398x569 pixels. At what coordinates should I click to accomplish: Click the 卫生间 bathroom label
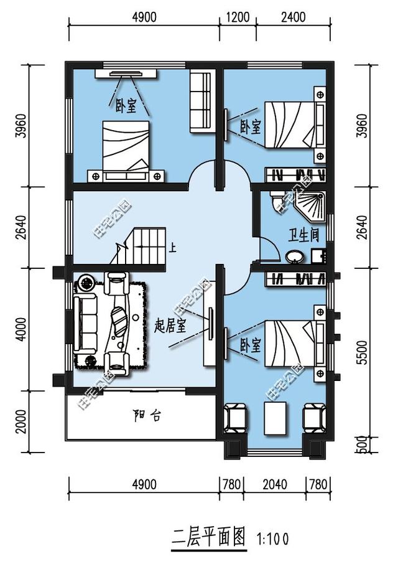point(303,235)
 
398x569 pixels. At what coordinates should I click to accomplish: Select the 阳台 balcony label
point(147,415)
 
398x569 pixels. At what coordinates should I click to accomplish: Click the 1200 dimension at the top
point(238,17)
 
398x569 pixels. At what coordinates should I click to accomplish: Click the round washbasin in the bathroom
point(294,256)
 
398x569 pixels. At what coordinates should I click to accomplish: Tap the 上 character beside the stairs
point(173,248)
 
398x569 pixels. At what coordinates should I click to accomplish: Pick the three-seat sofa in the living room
point(86,323)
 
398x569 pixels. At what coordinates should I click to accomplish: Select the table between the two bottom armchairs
point(275,418)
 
